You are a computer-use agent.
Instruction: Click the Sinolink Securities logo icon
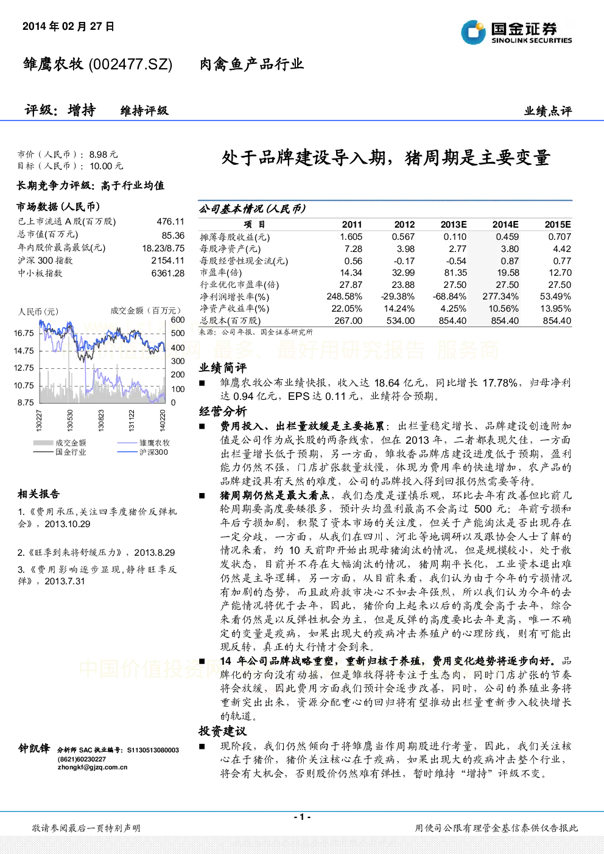click(x=473, y=32)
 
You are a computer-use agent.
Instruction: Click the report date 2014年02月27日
click(x=68, y=26)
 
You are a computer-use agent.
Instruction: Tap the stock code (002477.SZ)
click(x=130, y=65)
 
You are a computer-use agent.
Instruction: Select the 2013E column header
click(x=454, y=224)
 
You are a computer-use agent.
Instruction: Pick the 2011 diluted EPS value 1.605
click(x=351, y=237)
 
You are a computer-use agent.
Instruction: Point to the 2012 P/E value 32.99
click(x=404, y=273)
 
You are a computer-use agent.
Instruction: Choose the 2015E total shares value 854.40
click(x=557, y=321)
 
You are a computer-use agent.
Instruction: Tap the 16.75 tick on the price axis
click(x=24, y=333)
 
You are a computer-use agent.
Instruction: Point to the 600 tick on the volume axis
click(x=178, y=320)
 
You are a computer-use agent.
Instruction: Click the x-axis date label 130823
click(x=101, y=420)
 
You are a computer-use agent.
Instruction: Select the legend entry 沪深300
click(x=153, y=452)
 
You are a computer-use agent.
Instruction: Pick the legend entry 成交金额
click(x=71, y=443)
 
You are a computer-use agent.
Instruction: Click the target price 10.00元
click(x=107, y=166)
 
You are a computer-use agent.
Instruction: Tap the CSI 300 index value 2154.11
click(x=168, y=261)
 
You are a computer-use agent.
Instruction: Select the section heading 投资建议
click(x=223, y=731)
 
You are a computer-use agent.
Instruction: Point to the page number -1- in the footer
click(x=303, y=817)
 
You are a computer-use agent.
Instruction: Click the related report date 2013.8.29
click(x=155, y=553)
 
